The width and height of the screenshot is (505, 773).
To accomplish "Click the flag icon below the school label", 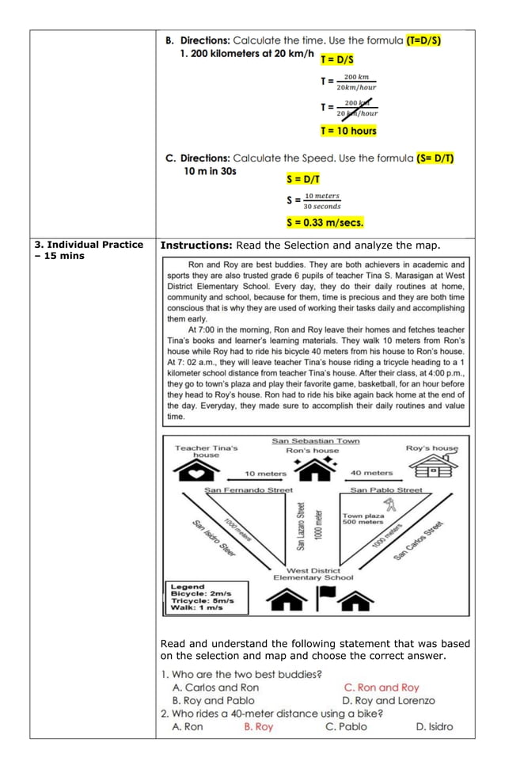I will (325, 599).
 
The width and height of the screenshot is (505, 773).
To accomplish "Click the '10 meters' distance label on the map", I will (265, 474).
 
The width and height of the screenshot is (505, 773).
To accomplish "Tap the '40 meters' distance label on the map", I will (371, 474).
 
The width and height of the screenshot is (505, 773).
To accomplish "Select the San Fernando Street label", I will (249, 490).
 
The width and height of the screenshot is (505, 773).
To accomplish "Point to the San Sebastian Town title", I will (315, 441).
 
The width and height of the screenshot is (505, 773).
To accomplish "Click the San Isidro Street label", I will (215, 539).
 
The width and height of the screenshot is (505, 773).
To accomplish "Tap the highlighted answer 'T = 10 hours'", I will (348, 131).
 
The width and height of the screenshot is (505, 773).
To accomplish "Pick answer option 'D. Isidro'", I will (435, 726).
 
